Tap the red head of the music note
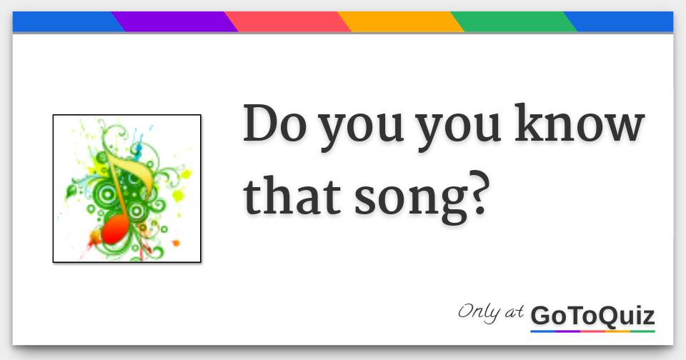(114, 231)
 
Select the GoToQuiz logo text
(592, 315)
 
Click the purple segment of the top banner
(175, 22)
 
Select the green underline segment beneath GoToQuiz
(642, 331)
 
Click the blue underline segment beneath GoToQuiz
(543, 331)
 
